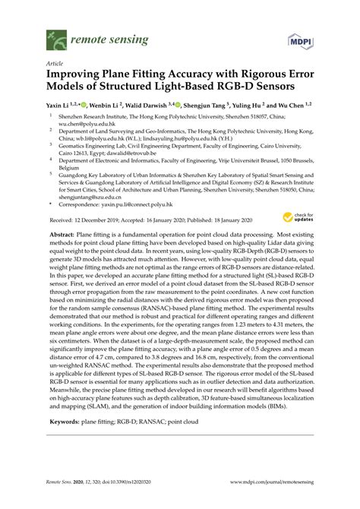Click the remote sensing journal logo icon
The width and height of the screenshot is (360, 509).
[55, 36]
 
